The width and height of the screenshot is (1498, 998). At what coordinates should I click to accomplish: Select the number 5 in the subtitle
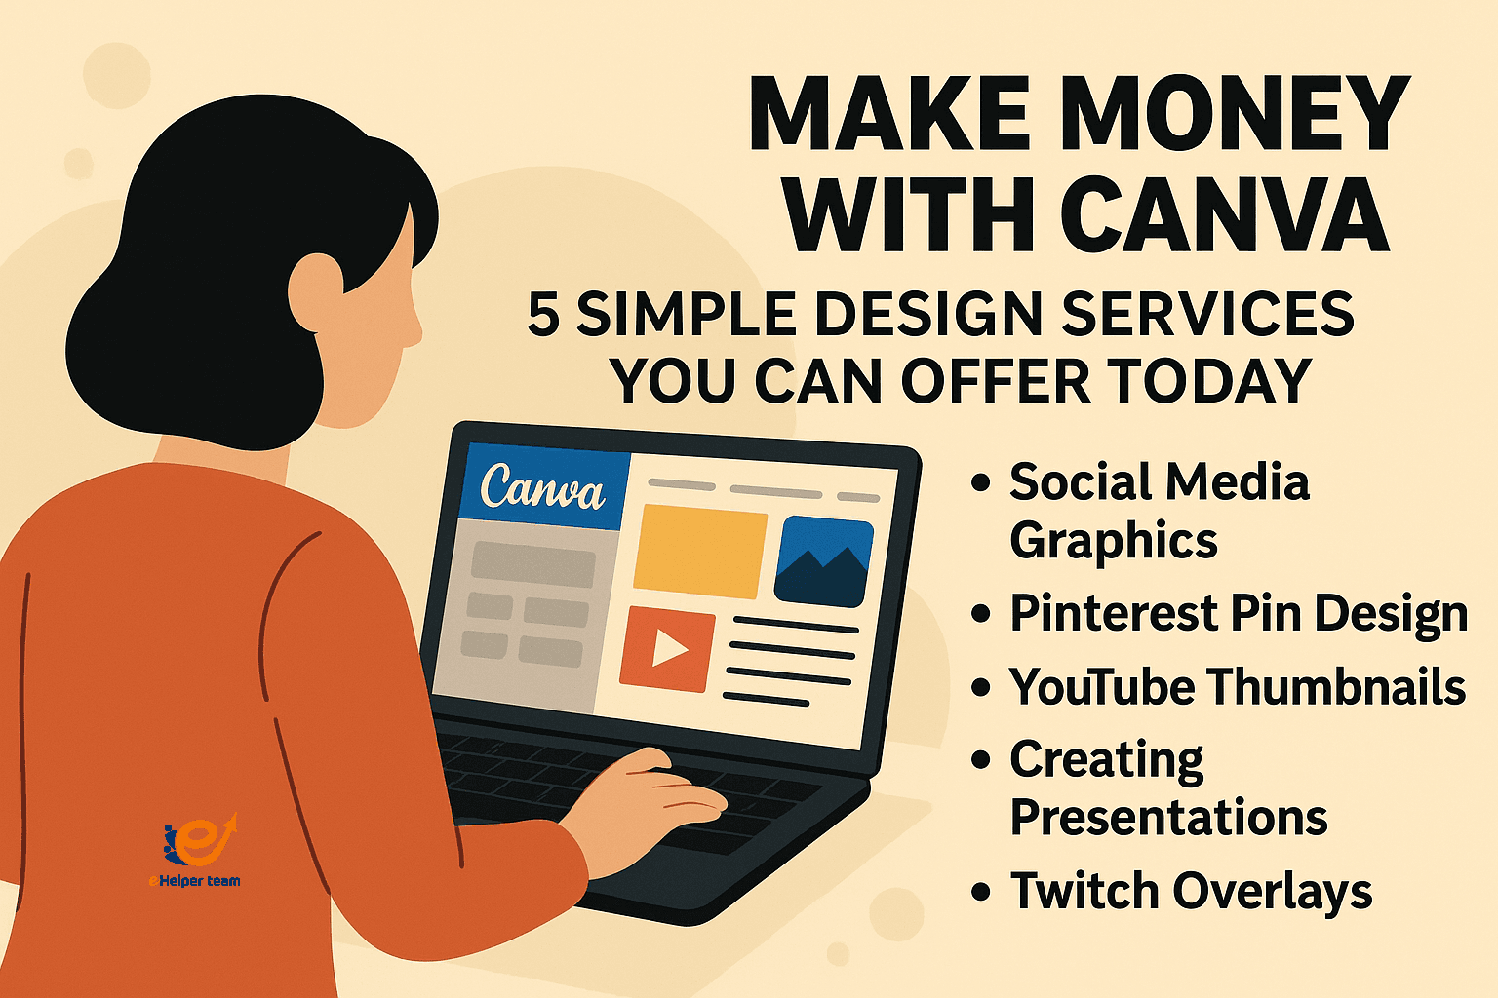(543, 315)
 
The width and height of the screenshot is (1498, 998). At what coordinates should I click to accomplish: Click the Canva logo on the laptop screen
(542, 487)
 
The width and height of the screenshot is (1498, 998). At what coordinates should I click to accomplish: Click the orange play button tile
(667, 648)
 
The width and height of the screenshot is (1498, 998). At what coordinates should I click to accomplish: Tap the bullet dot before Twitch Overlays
(981, 892)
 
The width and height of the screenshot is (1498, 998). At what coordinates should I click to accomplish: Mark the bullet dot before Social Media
(981, 482)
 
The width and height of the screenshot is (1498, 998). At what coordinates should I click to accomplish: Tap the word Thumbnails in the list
(1337, 687)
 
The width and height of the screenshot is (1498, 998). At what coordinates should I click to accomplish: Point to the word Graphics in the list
(1113, 541)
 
